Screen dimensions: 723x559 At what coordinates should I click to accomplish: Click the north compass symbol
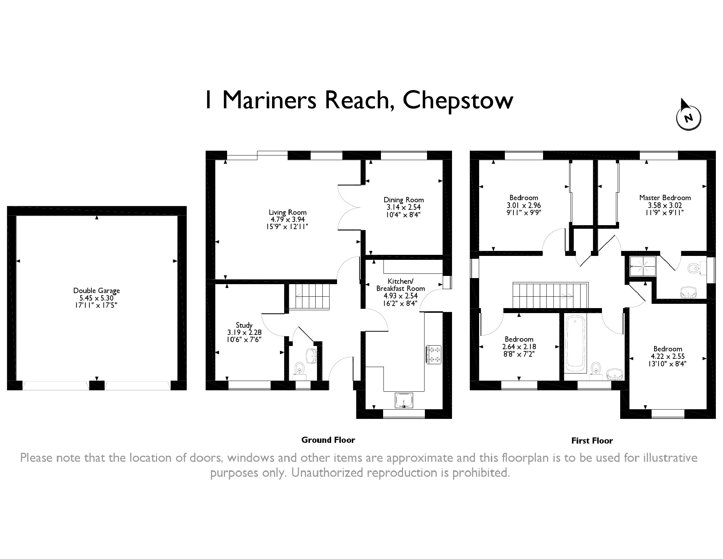coord(688,117)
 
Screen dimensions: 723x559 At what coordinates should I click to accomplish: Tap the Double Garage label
coord(96,291)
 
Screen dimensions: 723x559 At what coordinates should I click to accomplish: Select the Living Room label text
coord(287,212)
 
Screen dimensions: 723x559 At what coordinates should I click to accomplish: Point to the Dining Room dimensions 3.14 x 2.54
coord(403,207)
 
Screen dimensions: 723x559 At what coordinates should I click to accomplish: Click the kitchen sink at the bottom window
coord(404,400)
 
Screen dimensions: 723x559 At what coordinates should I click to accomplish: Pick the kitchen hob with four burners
coord(434,354)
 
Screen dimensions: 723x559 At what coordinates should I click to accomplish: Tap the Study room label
coord(244,325)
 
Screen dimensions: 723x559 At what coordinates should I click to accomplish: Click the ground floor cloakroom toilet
coord(299,368)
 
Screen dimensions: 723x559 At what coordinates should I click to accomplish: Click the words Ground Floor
coord(328,440)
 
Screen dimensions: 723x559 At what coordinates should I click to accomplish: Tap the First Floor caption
coord(592,441)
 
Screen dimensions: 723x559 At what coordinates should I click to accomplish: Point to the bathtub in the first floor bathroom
coord(574,343)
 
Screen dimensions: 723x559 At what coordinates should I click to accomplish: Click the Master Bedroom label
coord(665,198)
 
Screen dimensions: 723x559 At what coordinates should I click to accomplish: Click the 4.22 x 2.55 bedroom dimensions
coord(668,356)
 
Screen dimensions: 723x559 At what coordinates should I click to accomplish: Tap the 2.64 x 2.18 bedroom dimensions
coord(519,347)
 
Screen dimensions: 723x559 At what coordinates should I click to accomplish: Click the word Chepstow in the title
coord(458,100)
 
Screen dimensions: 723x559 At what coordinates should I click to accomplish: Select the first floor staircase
coord(550,295)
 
